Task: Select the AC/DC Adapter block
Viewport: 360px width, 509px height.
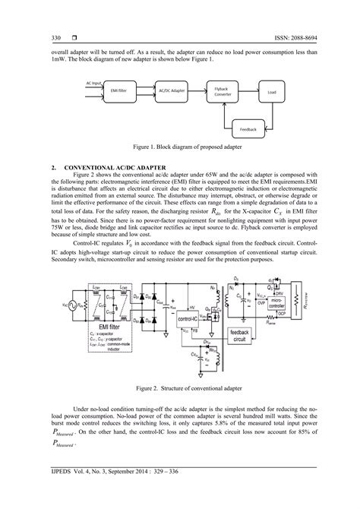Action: [173, 90]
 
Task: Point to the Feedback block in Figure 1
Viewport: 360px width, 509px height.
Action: [248, 129]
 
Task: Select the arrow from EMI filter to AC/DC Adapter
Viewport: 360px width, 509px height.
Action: [144, 90]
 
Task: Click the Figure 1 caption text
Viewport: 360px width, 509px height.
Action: [180, 148]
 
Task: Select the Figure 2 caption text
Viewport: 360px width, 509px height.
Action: [180, 366]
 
